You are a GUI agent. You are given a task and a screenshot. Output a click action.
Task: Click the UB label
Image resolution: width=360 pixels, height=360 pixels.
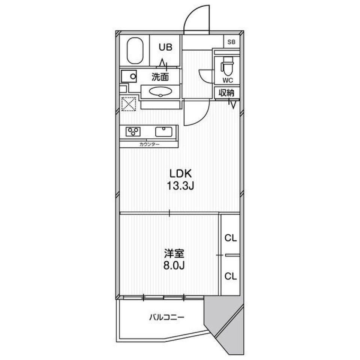click(x=165, y=47)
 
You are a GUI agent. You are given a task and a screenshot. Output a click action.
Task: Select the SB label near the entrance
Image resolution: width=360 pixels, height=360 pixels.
click(x=231, y=42)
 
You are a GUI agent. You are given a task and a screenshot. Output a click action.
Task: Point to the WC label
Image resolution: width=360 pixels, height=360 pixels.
click(x=228, y=80)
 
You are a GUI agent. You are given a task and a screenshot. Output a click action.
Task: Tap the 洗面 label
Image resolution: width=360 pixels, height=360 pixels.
click(x=160, y=77)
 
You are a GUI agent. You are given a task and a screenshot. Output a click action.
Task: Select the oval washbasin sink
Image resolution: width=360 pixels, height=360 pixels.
click(x=160, y=91)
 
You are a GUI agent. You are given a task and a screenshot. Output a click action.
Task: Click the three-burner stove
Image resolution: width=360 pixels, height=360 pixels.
click(x=133, y=131)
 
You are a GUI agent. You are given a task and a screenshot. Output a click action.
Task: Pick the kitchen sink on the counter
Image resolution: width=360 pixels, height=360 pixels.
click(x=163, y=132)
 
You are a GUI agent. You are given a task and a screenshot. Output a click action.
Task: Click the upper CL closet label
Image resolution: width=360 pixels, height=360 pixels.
click(x=230, y=238)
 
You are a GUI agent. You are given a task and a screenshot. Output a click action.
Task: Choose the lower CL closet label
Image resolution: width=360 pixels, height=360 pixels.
click(x=230, y=276)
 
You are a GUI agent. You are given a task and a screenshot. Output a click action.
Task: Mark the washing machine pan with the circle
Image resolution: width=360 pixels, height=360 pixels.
click(x=129, y=76)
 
